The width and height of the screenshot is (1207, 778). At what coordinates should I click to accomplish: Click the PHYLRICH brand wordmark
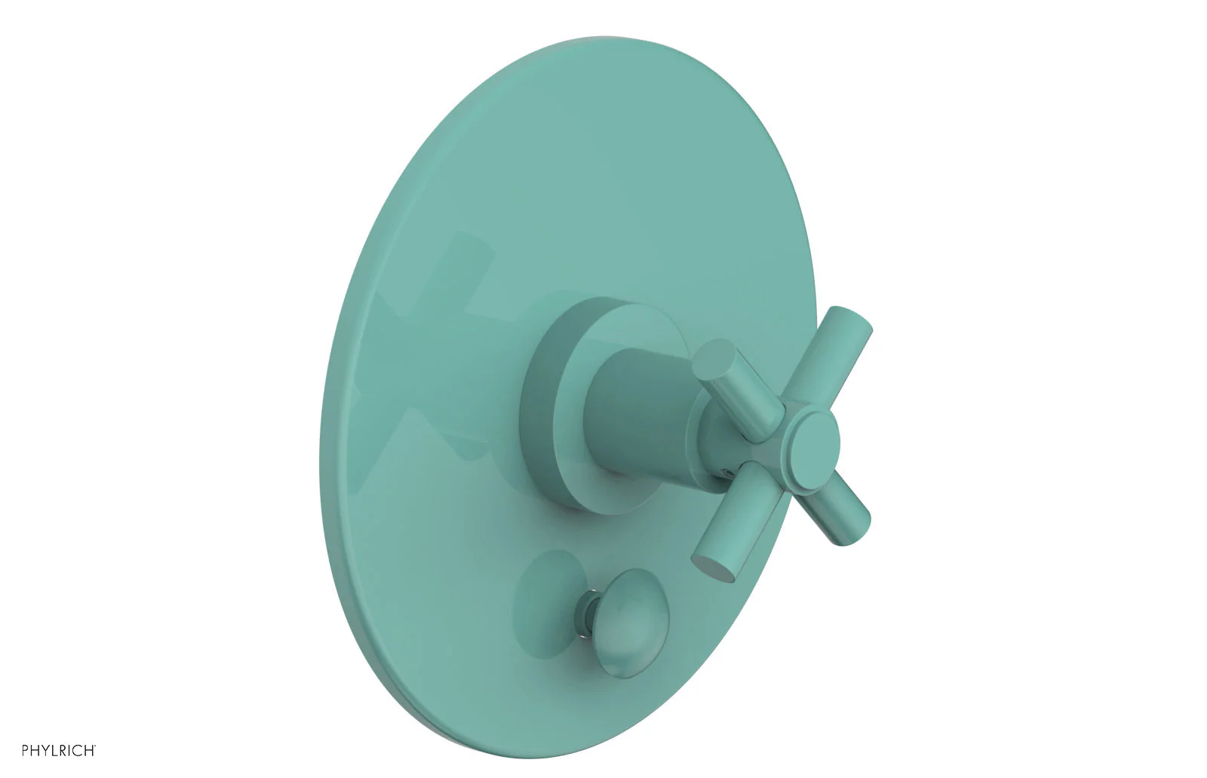point(58,751)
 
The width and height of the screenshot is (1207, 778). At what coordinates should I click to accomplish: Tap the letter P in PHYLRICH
point(26,751)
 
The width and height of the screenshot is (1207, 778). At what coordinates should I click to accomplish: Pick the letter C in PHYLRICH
point(77,751)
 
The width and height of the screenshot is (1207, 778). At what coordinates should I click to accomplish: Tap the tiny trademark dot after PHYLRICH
point(95,746)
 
